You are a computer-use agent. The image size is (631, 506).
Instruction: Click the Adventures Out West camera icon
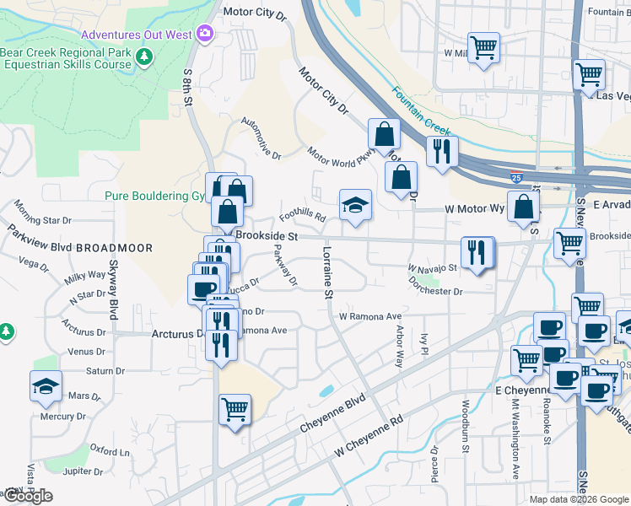(203, 34)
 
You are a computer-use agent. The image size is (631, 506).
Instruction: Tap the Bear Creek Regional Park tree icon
(144, 57)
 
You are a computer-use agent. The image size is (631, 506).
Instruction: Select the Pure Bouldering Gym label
(154, 196)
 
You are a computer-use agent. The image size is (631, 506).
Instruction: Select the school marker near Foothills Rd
(355, 205)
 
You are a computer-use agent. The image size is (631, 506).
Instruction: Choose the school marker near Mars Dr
(46, 386)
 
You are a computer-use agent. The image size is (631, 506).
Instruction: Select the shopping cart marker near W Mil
(483, 47)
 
